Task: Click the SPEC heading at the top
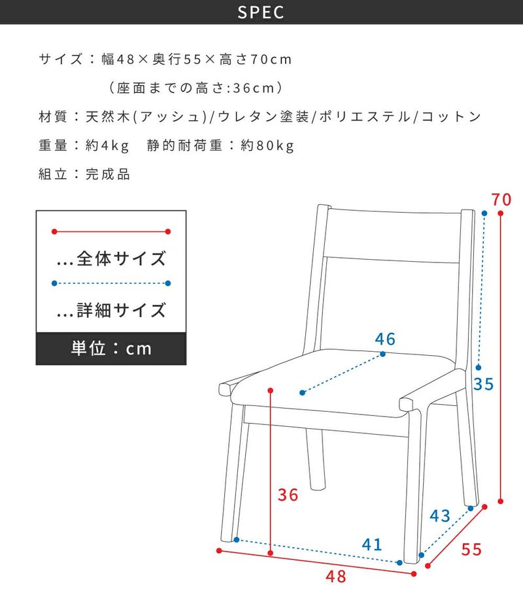pyautogui.click(x=261, y=12)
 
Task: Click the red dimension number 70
pyautogui.click(x=501, y=199)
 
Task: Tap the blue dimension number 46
pyautogui.click(x=385, y=339)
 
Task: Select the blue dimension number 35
pyautogui.click(x=484, y=384)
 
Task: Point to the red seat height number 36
pyautogui.click(x=288, y=495)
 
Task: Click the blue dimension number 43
pyautogui.click(x=440, y=516)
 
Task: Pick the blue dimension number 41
pyautogui.click(x=372, y=544)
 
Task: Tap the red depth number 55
pyautogui.click(x=471, y=550)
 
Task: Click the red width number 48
pyautogui.click(x=336, y=576)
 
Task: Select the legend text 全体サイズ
pyautogui.click(x=122, y=258)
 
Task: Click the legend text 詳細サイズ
pyautogui.click(x=122, y=310)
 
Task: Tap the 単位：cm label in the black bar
pyautogui.click(x=111, y=349)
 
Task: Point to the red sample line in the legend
pyautogui.click(x=111, y=232)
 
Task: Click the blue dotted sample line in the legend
pyautogui.click(x=111, y=283)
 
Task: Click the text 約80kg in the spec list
pyautogui.click(x=267, y=146)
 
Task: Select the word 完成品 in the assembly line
pyautogui.click(x=108, y=174)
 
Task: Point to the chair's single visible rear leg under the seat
pyautogui.click(x=316, y=458)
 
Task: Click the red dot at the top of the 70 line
pyautogui.click(x=501, y=213)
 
